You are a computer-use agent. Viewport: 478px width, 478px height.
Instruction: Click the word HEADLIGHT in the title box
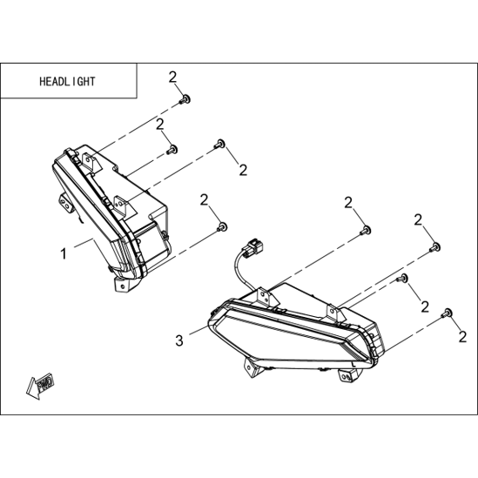(67, 81)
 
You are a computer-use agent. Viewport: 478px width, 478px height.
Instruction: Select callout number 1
(64, 253)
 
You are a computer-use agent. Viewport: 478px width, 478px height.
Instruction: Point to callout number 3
(179, 340)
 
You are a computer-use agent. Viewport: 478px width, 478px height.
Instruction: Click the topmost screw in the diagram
(185, 99)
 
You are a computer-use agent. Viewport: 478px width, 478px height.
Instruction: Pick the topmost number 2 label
(172, 77)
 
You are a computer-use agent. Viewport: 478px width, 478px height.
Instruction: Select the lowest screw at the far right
(447, 313)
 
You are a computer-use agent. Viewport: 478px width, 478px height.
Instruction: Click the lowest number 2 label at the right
(462, 337)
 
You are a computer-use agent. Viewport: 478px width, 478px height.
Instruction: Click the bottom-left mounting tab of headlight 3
(253, 367)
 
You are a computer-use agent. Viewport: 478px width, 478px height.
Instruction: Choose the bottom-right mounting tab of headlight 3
(348, 375)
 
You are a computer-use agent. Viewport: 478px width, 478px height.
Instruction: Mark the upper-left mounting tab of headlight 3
(266, 296)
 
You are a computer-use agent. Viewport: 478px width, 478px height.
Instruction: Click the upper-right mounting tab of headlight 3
(335, 313)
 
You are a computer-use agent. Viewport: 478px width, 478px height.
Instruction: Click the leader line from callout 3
(199, 330)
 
